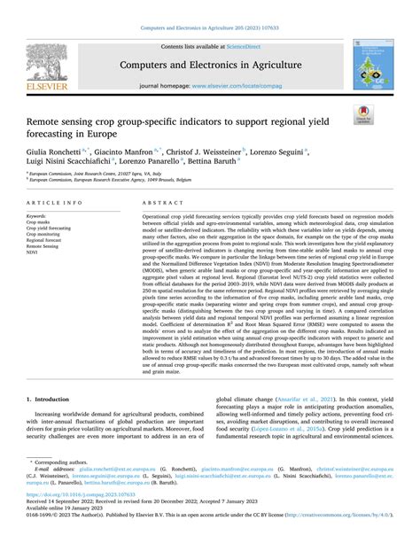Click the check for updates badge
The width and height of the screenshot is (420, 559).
(x=363, y=112)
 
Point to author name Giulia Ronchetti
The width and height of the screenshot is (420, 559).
(x=51, y=152)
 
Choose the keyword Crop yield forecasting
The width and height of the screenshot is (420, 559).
(x=49, y=228)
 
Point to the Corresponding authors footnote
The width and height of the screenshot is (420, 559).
(x=58, y=486)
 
